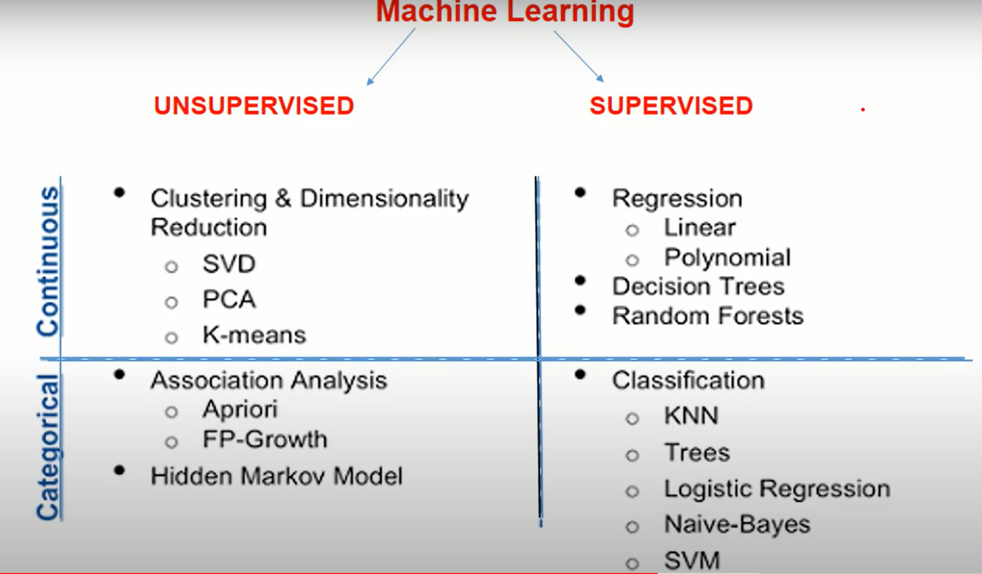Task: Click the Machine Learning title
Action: click(504, 11)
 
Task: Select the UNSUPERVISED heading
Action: click(253, 106)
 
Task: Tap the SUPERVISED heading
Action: click(671, 106)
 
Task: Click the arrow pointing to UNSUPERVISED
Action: click(390, 57)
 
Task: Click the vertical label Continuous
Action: click(48, 261)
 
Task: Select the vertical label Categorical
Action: click(48, 447)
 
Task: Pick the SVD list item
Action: click(229, 263)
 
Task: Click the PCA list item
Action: click(229, 299)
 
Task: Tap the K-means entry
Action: click(254, 335)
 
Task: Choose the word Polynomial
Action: click(727, 258)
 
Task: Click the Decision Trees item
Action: click(698, 286)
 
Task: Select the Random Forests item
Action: click(708, 316)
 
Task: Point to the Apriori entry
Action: click(239, 409)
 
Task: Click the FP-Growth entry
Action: click(264, 439)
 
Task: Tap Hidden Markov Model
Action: click(276, 476)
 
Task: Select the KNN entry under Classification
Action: click(691, 416)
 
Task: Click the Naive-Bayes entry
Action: click(737, 524)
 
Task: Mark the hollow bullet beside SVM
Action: click(632, 563)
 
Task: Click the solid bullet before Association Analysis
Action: click(119, 375)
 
